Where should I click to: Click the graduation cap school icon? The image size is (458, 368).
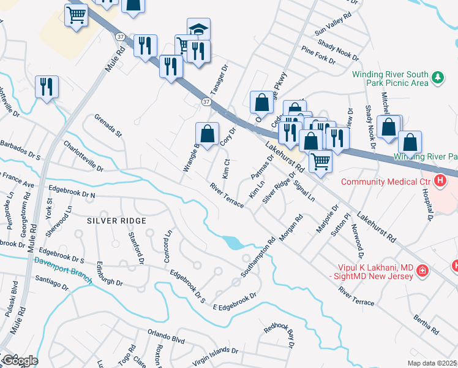click(198, 29)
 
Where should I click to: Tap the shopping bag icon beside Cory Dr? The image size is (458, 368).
click(208, 134)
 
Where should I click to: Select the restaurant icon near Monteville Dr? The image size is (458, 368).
click(47, 87)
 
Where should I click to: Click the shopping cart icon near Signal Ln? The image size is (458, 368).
click(320, 162)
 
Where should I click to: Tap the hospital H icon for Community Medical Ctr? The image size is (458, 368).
click(438, 181)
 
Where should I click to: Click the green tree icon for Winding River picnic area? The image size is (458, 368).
click(437, 77)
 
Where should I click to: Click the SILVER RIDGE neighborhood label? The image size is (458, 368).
click(116, 220)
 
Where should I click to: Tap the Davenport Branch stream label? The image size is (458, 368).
click(62, 269)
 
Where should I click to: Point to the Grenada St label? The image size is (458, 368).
click(108, 125)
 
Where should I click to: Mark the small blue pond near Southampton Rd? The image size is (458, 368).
click(233, 243)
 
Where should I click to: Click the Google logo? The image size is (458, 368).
click(20, 361)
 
